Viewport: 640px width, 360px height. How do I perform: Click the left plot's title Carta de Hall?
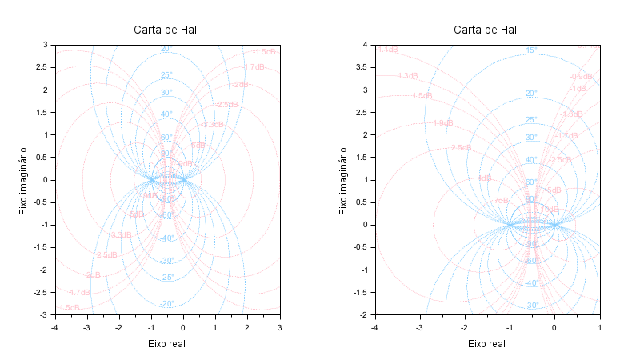[x=166, y=30]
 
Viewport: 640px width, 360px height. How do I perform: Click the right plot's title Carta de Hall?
[x=486, y=30]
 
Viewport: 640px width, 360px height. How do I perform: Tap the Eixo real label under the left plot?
[x=166, y=343]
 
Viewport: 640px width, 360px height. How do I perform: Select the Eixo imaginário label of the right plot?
[x=344, y=180]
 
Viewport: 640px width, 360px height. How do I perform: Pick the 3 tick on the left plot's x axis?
[x=279, y=327]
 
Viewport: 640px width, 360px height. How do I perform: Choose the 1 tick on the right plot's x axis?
[x=599, y=327]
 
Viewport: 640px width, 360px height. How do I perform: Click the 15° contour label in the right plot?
[x=531, y=50]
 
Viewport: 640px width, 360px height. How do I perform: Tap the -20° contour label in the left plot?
[x=166, y=304]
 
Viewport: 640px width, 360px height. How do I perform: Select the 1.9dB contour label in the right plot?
[x=442, y=123]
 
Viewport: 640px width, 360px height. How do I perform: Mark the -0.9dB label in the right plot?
[x=581, y=77]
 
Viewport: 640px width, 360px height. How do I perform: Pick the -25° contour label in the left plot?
[x=166, y=278]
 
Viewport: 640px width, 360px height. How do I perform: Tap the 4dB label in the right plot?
[x=485, y=178]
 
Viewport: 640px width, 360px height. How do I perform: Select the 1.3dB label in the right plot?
[x=407, y=76]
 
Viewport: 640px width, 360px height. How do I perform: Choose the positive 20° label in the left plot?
[x=166, y=49]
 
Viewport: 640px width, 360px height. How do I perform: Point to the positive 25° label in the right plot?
[x=531, y=120]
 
